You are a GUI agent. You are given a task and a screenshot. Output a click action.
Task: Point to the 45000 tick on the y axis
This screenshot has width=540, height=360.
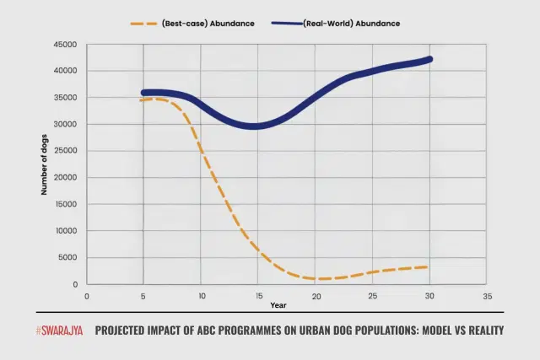coord(65,45)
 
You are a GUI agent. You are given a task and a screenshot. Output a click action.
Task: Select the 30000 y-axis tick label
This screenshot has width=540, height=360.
coord(65,125)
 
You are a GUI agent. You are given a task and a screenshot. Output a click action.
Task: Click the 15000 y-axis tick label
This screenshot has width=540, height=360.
coord(65,205)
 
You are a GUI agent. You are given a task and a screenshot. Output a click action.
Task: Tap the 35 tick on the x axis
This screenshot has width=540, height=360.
coord(487,296)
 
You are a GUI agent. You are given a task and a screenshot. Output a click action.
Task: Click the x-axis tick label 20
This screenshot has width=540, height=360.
coord(316,296)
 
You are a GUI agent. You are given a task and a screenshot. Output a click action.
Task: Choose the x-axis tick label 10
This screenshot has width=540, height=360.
coord(201,296)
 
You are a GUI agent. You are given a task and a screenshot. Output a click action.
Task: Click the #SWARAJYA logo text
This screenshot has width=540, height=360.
coord(59,330)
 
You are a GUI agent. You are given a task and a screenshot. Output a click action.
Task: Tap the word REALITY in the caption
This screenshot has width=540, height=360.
coord(479,330)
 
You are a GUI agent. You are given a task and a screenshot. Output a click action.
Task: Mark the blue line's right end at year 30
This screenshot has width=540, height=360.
coord(429,59)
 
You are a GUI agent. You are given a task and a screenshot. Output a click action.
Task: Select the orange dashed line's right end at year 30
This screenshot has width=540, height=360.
coord(428,266)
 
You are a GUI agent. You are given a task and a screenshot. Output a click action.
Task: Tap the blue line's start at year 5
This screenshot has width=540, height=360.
coord(144,94)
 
